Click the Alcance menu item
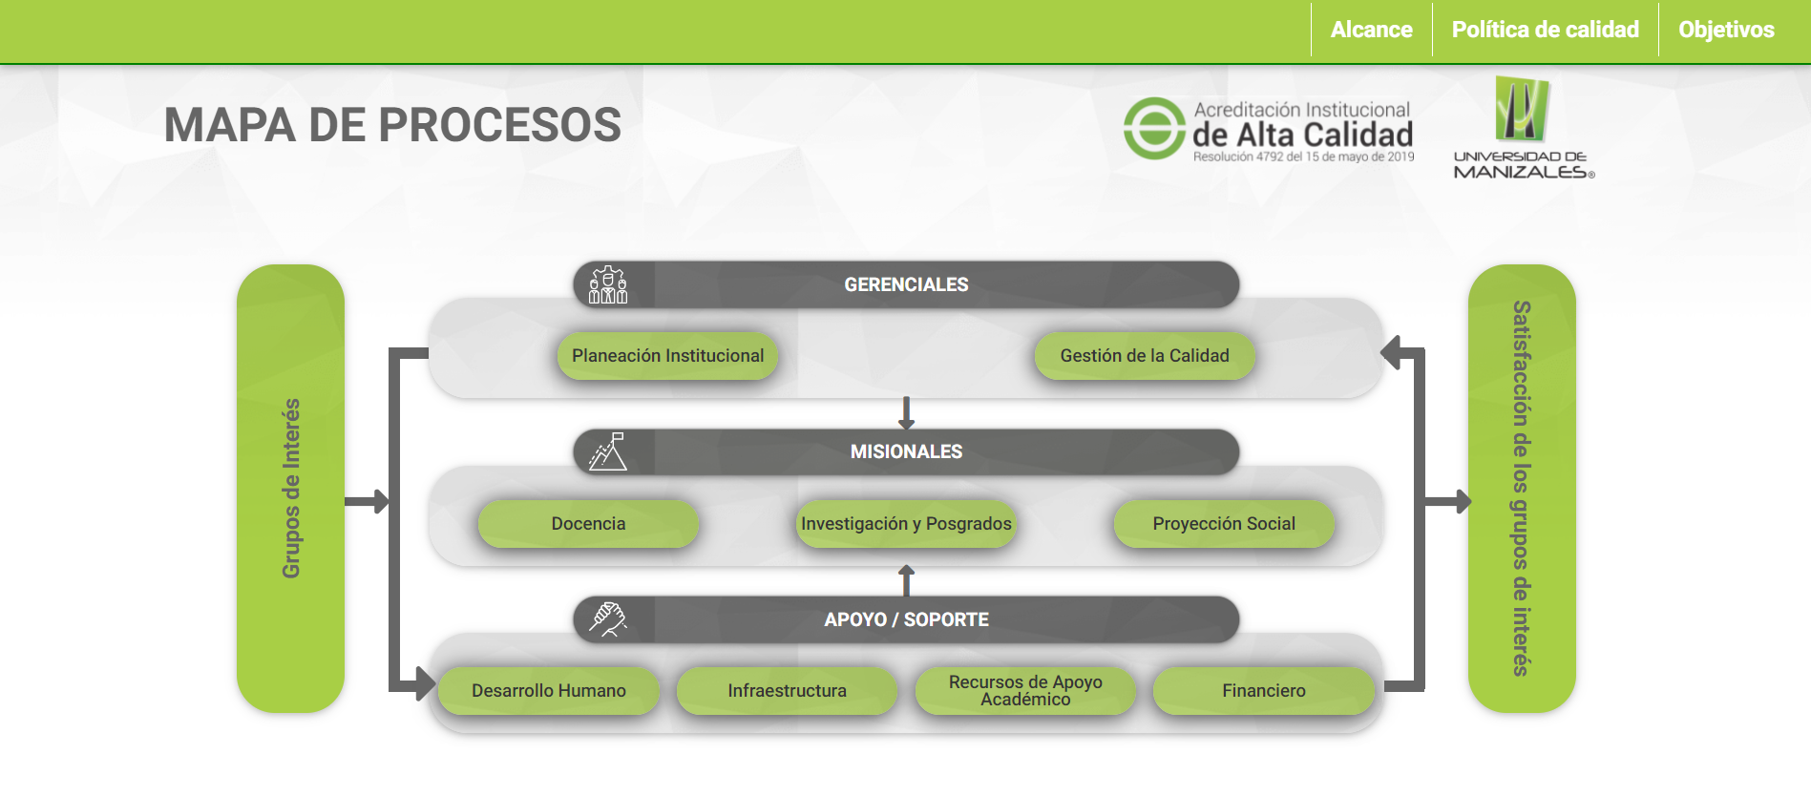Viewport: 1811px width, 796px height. click(1371, 30)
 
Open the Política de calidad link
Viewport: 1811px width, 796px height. click(1545, 30)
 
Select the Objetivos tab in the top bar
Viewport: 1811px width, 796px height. click(1726, 30)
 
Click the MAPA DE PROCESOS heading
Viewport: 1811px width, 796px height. click(392, 125)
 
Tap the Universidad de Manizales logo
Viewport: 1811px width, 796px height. click(1523, 128)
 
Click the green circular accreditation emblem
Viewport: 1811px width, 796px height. click(1154, 129)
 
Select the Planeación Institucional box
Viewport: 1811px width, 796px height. click(667, 356)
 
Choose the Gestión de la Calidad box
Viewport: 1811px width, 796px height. click(1144, 356)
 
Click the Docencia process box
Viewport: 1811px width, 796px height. click(588, 524)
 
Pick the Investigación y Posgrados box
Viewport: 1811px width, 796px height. click(906, 524)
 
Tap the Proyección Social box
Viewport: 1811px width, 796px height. click(1223, 524)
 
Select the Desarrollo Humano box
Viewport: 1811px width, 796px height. click(548, 691)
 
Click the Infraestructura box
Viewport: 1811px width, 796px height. click(787, 691)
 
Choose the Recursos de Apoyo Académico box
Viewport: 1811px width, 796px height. click(1025, 691)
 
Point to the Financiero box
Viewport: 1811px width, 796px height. click(1263, 691)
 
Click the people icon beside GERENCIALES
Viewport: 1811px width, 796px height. click(608, 284)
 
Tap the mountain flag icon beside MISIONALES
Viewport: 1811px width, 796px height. click(608, 451)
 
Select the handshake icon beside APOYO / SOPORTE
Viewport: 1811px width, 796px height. click(608, 619)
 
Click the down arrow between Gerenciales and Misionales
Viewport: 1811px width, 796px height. click(906, 413)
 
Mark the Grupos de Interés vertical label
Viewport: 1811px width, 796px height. click(291, 488)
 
